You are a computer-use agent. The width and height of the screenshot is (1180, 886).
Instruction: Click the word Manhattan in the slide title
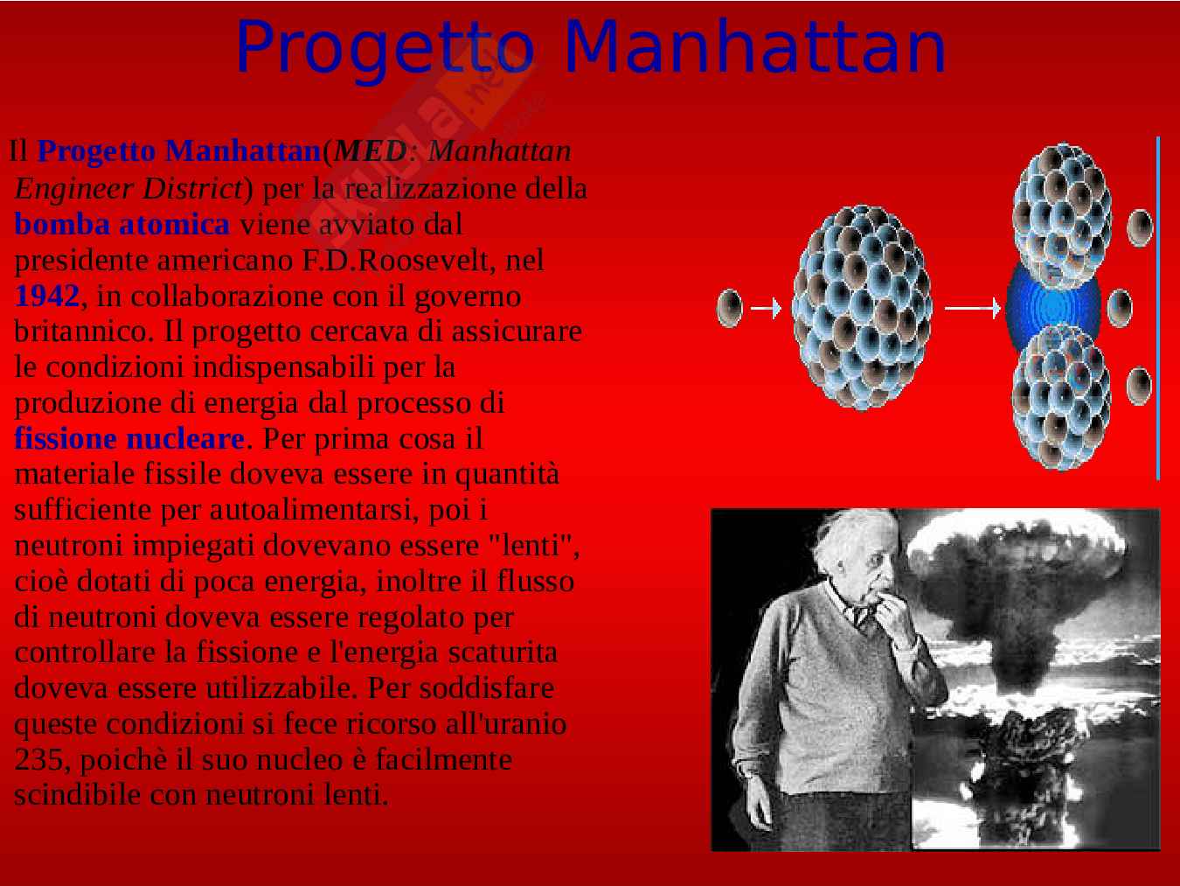(755, 47)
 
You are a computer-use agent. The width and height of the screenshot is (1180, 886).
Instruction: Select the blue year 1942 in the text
(47, 296)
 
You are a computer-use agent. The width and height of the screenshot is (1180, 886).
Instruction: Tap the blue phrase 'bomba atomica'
(122, 224)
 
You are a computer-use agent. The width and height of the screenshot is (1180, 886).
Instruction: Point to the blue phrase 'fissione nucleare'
(129, 438)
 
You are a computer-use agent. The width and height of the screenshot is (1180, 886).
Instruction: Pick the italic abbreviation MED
(371, 151)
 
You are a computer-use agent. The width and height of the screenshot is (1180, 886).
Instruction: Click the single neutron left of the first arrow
(730, 308)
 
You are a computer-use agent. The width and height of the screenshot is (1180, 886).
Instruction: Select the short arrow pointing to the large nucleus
(766, 308)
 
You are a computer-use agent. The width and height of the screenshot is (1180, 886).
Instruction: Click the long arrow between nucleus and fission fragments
(973, 308)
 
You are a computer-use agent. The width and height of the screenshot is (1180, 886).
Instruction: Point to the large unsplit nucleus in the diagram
(862, 308)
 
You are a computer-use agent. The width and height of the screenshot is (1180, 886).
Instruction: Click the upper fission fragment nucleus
(1061, 215)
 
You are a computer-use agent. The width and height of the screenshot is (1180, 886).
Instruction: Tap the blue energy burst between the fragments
(1052, 307)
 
